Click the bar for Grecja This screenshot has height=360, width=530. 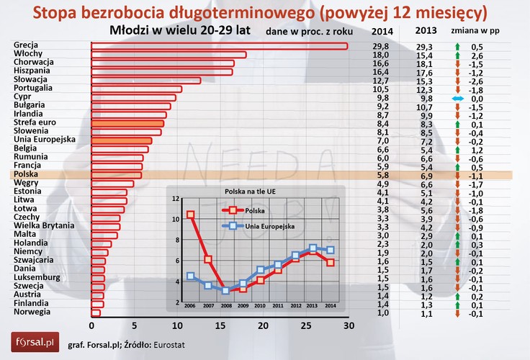pos(219,46)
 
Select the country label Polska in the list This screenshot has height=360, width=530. pos(27,175)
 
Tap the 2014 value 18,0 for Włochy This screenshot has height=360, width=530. pos(381,55)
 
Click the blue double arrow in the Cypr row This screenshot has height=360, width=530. pos(457,98)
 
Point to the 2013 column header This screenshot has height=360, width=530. pos(427,31)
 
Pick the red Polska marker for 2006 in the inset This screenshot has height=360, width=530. pos(191,215)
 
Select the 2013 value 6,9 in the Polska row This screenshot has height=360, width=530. pos(426,175)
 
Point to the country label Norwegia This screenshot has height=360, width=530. pos(32,312)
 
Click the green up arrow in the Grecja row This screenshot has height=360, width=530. pos(457,47)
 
